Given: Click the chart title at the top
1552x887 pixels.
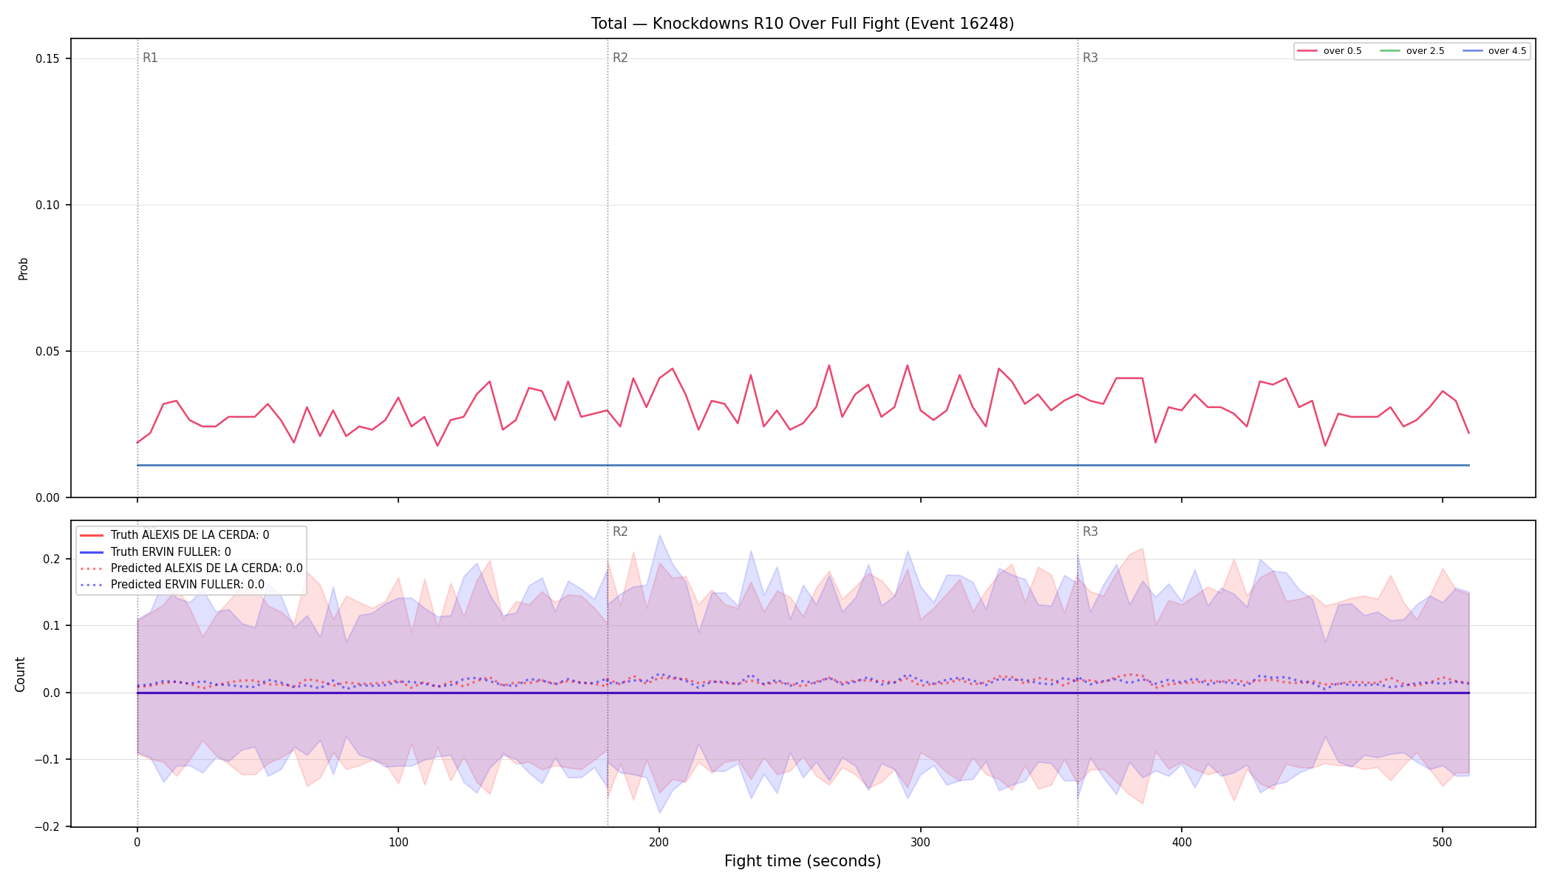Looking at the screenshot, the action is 803,24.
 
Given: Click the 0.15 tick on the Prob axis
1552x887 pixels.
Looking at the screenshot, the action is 48,59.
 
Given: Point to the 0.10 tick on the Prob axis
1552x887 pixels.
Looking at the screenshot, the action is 48,205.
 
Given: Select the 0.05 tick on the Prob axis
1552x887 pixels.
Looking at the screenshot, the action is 48,352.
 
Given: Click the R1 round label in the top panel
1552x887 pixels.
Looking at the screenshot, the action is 150,58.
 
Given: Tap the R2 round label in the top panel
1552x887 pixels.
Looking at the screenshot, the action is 620,58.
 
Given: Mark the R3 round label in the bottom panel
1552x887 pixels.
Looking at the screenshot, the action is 1090,531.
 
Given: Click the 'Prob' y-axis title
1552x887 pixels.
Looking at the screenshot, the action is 24,268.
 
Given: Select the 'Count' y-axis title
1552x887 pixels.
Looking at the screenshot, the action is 21,674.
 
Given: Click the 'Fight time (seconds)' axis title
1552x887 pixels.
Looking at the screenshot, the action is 803,861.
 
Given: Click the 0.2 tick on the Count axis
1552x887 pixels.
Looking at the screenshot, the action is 51,559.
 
